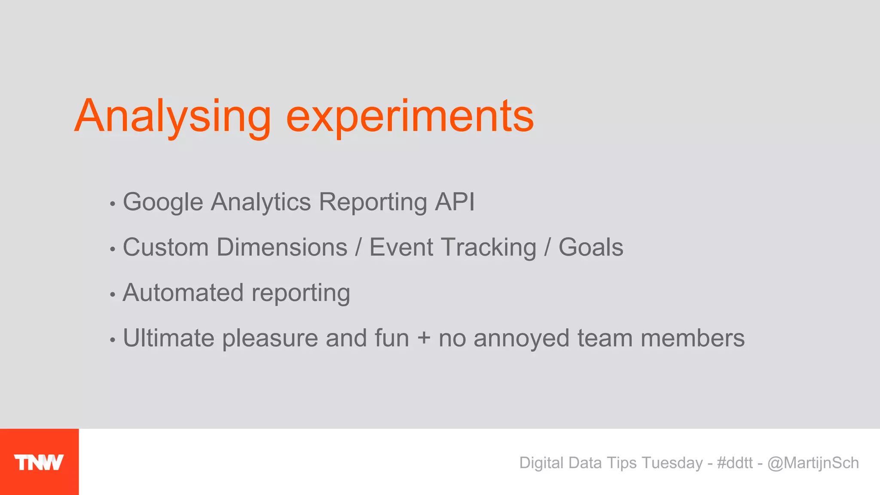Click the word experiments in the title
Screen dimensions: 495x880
tap(410, 117)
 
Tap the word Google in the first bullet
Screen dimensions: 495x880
tap(163, 202)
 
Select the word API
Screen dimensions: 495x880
tap(455, 202)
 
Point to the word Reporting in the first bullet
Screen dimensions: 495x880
tap(373, 202)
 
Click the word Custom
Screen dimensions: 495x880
tap(166, 247)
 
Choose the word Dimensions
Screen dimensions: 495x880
tap(282, 247)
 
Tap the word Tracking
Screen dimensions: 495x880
tap(489, 248)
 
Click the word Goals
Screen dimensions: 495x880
tap(591, 247)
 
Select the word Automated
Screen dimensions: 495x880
tap(183, 293)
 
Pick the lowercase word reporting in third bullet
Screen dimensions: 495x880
tap(301, 294)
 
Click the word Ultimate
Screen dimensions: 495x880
tap(168, 338)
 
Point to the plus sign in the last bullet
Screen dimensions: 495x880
tap(424, 338)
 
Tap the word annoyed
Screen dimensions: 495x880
tap(521, 339)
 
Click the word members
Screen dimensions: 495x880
tap(693, 338)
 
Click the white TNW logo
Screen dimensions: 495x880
tap(39, 462)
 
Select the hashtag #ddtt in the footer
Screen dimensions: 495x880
tap(735, 463)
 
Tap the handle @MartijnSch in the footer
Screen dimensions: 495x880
tap(813, 463)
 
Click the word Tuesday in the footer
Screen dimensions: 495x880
tap(672, 463)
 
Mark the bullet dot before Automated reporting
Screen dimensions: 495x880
tap(113, 295)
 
